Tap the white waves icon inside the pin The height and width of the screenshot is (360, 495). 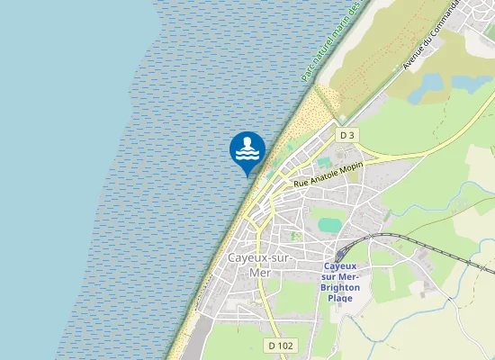click(247, 150)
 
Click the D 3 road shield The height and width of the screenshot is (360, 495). click(348, 134)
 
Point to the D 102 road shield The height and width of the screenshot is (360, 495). click(281, 345)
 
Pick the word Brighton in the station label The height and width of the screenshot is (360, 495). click(340, 287)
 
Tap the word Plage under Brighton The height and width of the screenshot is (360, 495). click(340, 298)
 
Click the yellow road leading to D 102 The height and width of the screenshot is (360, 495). click(267, 310)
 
